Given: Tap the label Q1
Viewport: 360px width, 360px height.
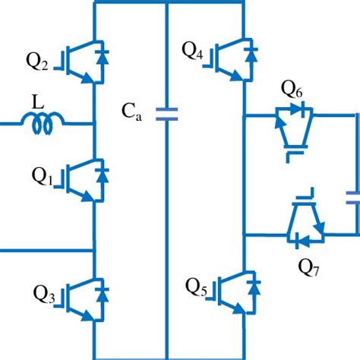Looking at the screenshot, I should (x=42, y=177).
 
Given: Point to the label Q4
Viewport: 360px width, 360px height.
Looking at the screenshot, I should (x=191, y=52).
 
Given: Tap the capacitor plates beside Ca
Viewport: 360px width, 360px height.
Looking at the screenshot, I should (x=166, y=115).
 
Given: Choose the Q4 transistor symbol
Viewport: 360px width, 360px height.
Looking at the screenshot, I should (x=229, y=54).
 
